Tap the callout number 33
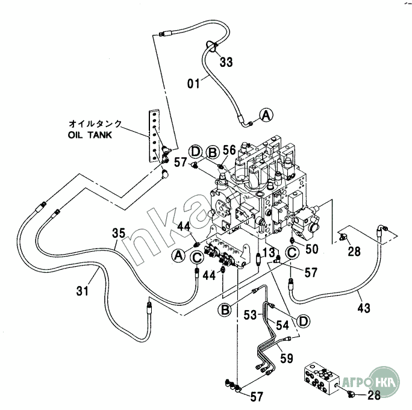pyautogui.click(x=226, y=61)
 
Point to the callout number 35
pyautogui.click(x=117, y=232)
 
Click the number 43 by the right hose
pyautogui.click(x=364, y=308)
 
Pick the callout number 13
pyautogui.click(x=269, y=252)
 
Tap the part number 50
pyautogui.click(x=311, y=248)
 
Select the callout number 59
pyautogui.click(x=287, y=358)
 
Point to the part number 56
pyautogui.click(x=229, y=150)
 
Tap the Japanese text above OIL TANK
pyautogui.click(x=96, y=124)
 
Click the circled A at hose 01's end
pyautogui.click(x=266, y=114)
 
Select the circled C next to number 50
pyautogui.click(x=291, y=253)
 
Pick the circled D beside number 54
pyautogui.click(x=304, y=321)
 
